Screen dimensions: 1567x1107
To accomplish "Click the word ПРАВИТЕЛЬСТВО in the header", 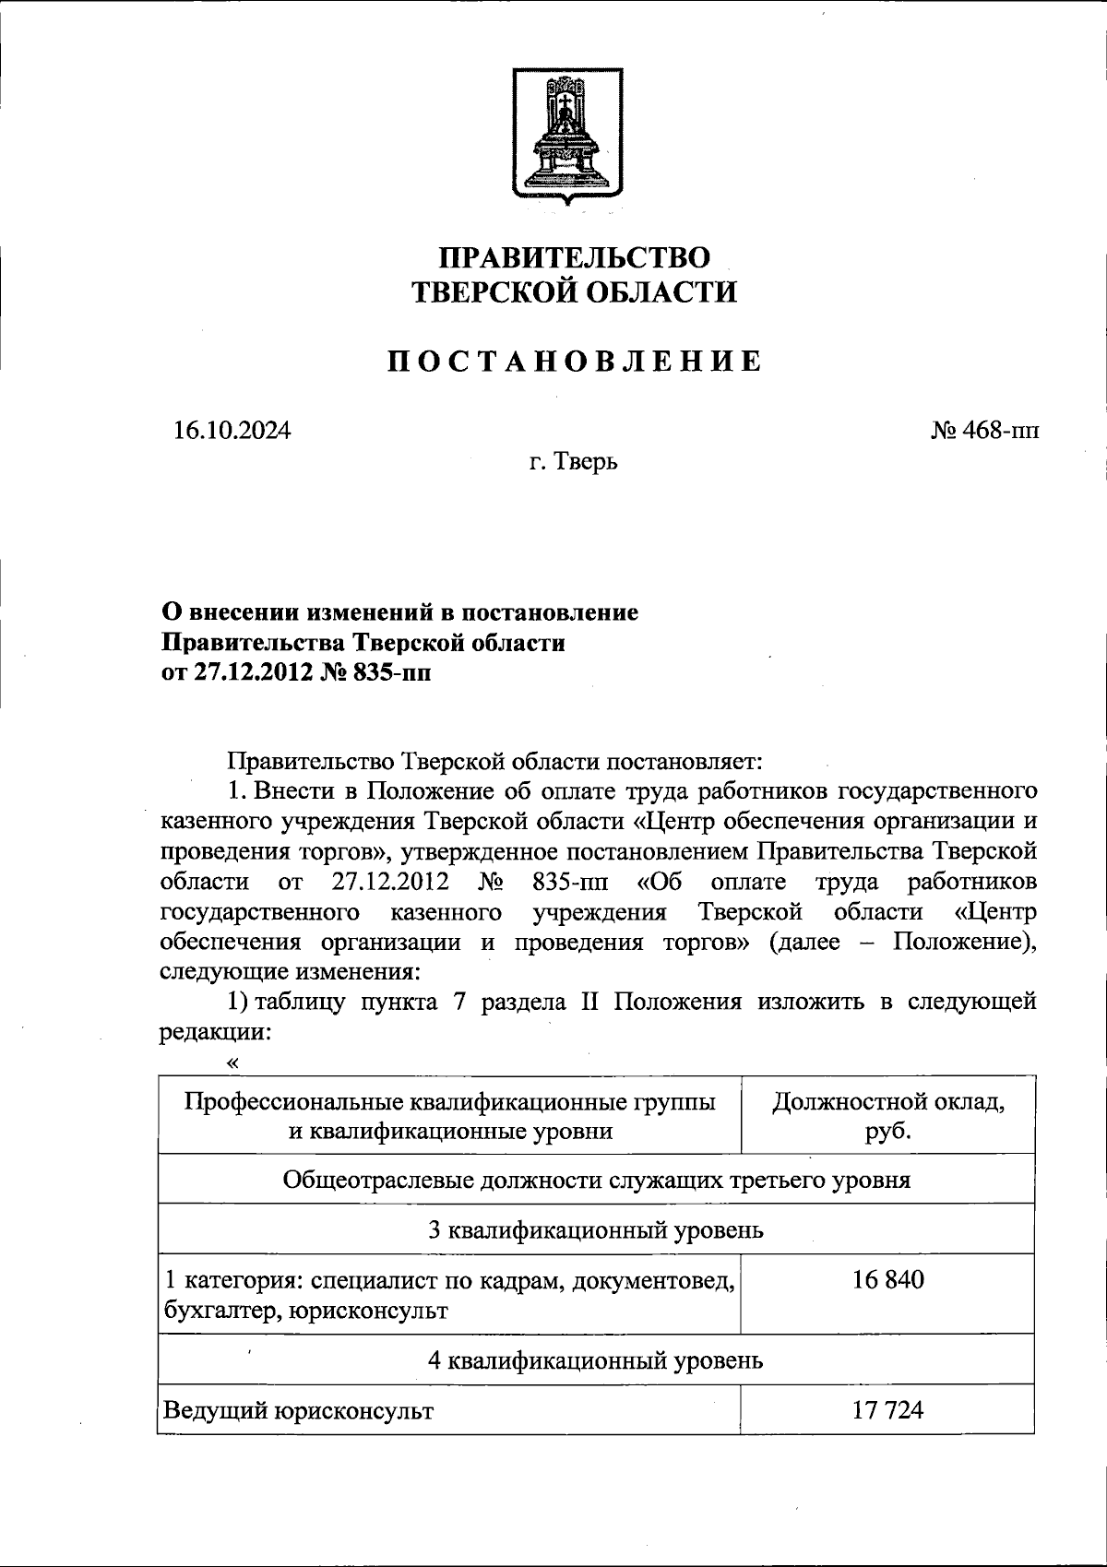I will pos(574,257).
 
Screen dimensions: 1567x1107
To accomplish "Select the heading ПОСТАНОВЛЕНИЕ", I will pos(574,362).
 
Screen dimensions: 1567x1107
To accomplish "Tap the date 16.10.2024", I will pos(231,430).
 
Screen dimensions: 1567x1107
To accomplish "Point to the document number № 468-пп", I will pos(984,430).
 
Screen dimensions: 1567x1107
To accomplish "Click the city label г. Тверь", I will pos(573,460).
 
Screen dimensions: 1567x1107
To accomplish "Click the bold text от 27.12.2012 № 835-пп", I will pos(295,672).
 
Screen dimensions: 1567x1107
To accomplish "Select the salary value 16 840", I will pos(887,1279).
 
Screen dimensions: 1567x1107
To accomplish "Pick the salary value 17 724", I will pos(887,1410).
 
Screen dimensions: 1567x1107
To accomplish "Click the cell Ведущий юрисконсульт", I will pos(298,1410).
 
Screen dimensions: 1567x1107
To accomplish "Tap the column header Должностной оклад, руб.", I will pos(887,1115).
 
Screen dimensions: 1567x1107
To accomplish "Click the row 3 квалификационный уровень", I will pos(596,1229).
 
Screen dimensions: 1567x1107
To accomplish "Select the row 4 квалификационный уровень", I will pos(596,1359).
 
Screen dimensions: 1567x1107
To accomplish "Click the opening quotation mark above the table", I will pos(232,1062).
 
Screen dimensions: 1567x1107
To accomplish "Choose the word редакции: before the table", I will pos(216,1033).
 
